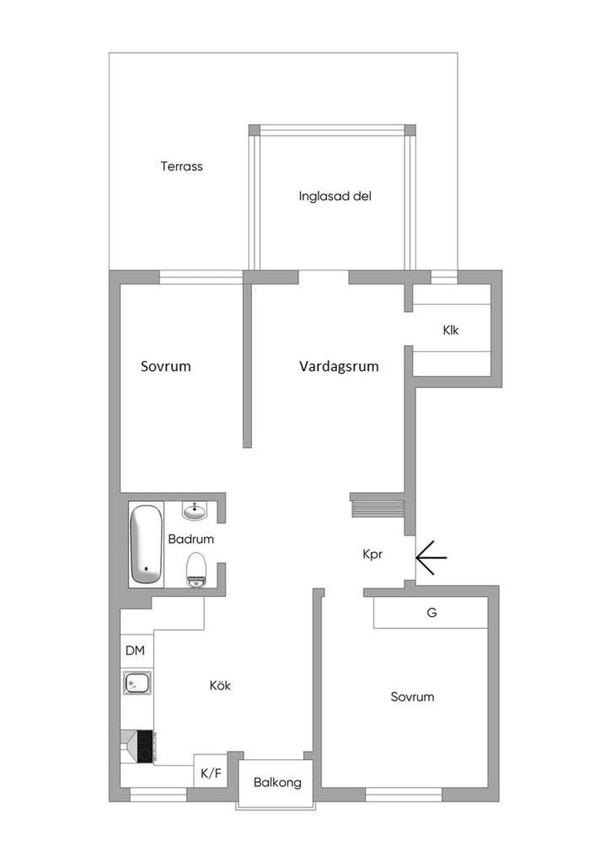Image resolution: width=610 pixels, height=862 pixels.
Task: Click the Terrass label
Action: coord(181,166)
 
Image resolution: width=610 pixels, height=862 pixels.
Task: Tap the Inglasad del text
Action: coord(335,196)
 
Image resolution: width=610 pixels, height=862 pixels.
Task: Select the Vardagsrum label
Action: coord(339,366)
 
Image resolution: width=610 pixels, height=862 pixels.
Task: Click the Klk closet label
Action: coord(450,330)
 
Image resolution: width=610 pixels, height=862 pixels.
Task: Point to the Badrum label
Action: coord(191,539)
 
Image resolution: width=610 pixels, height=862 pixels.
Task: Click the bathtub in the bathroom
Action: coord(146,545)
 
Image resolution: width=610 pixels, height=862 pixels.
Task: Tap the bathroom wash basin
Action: coord(194,511)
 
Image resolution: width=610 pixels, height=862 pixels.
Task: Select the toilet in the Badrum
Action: coord(197,570)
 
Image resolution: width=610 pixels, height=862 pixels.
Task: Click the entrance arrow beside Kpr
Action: coord(431,557)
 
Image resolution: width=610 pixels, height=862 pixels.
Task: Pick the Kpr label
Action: coord(372,555)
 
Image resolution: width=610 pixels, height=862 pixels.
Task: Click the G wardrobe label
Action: coord(432,613)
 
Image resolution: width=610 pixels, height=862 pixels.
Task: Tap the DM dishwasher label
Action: coord(135,650)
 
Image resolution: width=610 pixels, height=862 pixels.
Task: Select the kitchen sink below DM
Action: coord(138,683)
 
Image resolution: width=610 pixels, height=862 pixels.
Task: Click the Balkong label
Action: coord(278,783)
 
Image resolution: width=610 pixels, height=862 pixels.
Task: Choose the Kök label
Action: coord(220,685)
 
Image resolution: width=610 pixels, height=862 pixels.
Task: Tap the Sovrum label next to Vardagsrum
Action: coord(166,366)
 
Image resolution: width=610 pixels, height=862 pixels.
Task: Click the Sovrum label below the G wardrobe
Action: coord(412,697)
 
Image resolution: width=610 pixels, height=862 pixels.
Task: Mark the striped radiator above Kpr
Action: coord(378,509)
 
